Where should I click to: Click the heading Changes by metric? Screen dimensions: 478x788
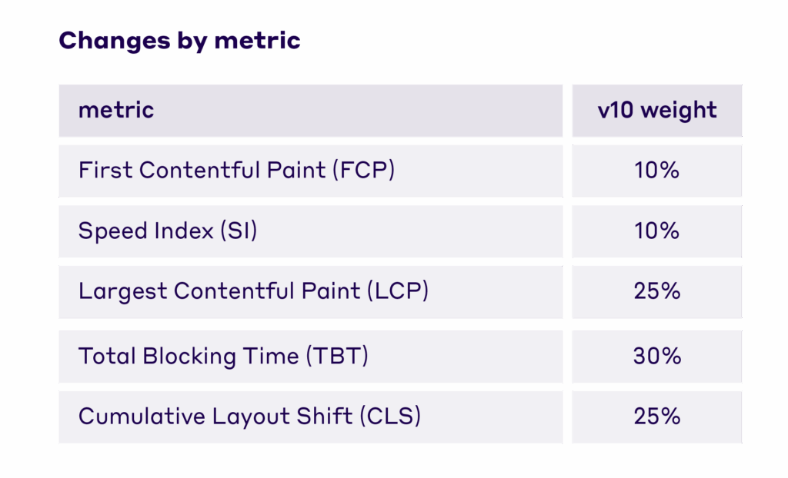(179, 40)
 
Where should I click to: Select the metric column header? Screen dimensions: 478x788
(116, 110)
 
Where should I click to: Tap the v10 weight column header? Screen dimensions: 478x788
(657, 110)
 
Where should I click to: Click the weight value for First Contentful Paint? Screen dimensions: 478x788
(657, 170)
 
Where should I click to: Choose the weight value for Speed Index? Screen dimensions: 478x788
(657, 231)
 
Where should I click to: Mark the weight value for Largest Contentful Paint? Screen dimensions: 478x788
(657, 291)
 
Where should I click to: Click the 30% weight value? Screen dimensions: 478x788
(657, 357)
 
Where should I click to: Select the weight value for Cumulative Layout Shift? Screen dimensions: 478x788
(657, 417)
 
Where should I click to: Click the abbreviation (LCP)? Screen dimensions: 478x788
(397, 291)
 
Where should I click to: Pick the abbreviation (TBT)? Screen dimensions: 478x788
(337, 357)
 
